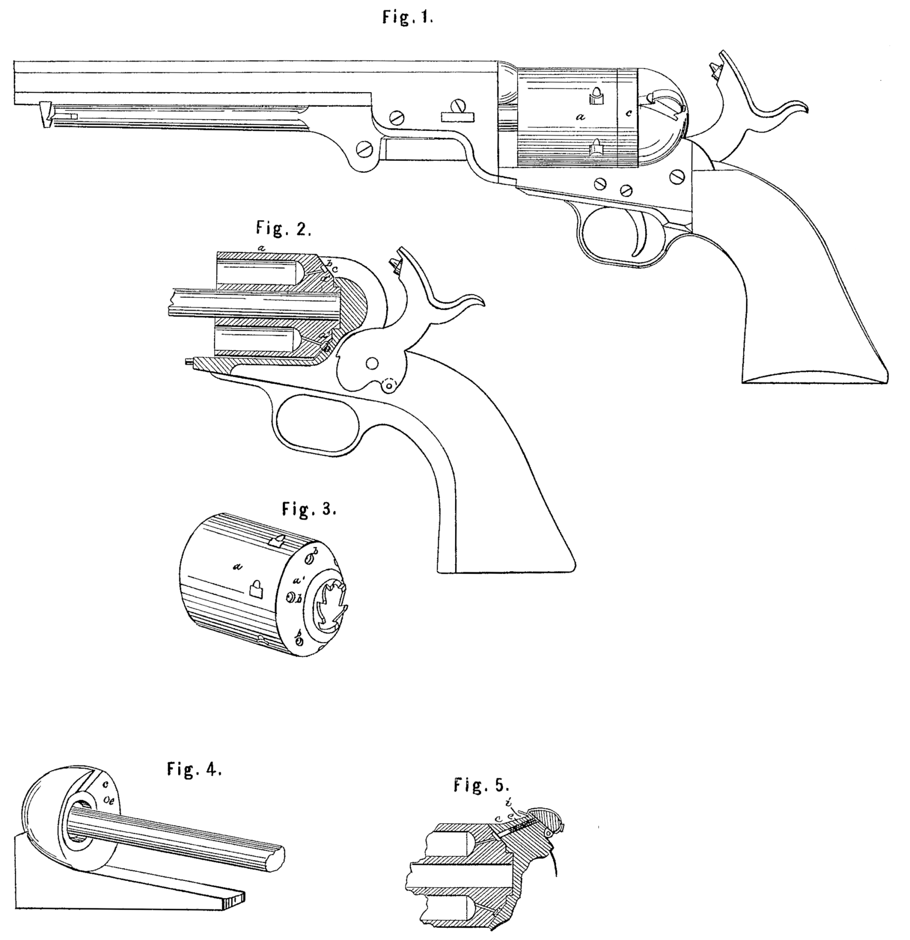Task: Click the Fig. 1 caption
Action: coord(408,18)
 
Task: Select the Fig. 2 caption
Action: coord(283,229)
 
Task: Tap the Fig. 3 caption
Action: coord(309,509)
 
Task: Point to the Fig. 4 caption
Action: coord(194,769)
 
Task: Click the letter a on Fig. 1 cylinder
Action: coord(581,117)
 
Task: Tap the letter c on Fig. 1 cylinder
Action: coord(629,114)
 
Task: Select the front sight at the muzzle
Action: coord(45,114)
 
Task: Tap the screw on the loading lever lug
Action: coord(366,149)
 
